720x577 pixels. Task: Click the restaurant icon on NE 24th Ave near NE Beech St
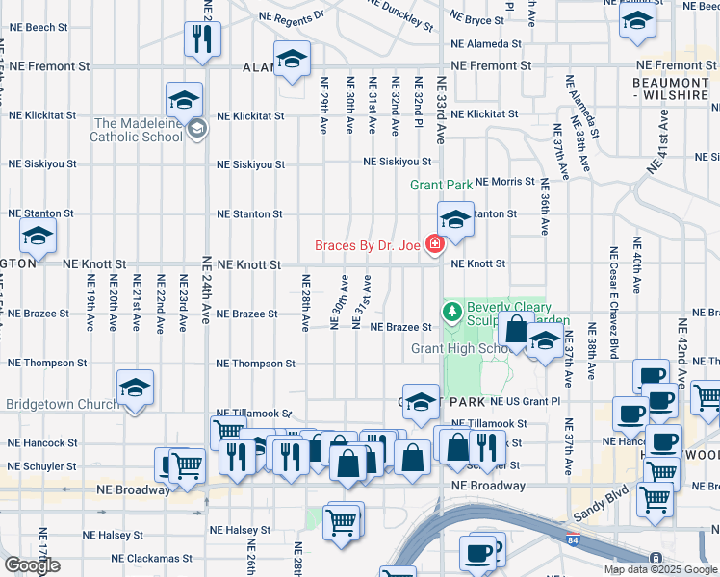click(202, 39)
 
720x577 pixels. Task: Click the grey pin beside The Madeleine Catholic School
click(197, 128)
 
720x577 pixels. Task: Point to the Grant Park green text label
click(441, 184)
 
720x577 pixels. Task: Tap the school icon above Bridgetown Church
click(135, 389)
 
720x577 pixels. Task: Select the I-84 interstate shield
click(574, 542)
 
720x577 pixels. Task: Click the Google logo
click(32, 564)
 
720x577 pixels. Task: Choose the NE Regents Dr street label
click(292, 17)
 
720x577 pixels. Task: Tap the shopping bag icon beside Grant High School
click(516, 329)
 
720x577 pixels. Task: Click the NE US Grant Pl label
click(525, 401)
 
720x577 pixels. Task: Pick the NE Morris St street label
click(504, 182)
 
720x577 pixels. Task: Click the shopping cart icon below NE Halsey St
click(341, 522)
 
